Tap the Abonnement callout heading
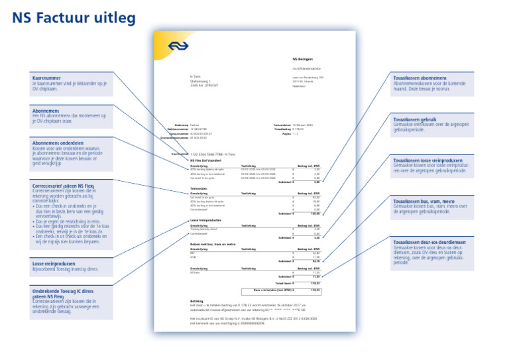[46, 109]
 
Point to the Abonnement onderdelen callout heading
[58, 142]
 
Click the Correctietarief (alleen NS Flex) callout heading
[63, 186]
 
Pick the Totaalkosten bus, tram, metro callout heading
[424, 201]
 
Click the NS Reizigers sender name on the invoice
[303, 59]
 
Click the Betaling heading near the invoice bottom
[197, 300]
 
